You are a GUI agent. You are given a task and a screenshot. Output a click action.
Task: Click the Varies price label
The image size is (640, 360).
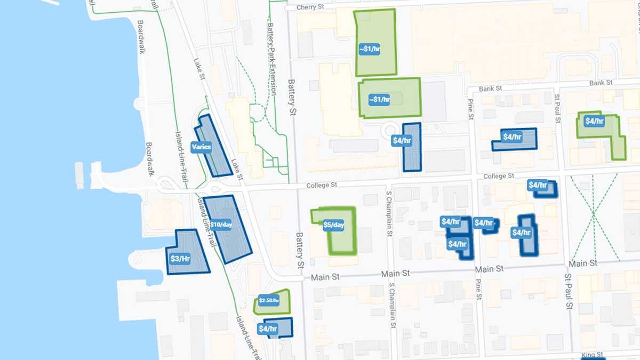pos(201,147)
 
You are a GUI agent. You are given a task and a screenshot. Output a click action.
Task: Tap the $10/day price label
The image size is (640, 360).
pos(221,225)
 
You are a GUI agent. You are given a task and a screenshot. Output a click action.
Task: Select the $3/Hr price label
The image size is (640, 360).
pos(180,259)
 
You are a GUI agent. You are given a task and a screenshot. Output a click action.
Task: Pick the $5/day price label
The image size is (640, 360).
pos(333,225)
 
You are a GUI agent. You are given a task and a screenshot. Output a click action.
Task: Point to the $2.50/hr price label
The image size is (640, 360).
pos(269,300)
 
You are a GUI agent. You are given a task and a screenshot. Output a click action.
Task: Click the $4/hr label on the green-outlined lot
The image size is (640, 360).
pos(594,121)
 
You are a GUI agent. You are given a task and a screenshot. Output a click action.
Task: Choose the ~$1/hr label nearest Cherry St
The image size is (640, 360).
pos(369,49)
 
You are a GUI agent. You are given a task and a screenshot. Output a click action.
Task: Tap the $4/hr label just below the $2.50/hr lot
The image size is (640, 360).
pos(268,329)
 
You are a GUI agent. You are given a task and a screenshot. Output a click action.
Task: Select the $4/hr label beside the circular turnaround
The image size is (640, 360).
pos(402,141)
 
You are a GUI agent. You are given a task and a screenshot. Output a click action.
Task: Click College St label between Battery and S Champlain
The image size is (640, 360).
pos(322,186)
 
